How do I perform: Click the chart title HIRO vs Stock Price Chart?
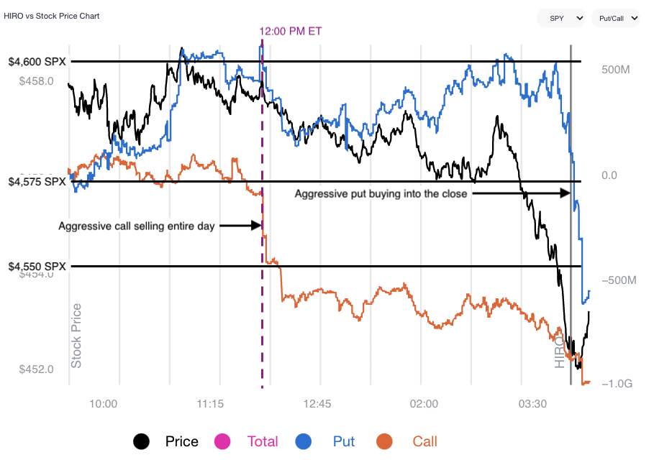point(52,16)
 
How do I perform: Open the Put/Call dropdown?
point(614,18)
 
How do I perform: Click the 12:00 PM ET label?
point(291,31)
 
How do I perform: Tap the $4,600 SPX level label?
point(37,62)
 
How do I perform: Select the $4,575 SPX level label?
point(37,182)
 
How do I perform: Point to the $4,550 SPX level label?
point(37,266)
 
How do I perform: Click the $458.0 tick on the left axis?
point(36,81)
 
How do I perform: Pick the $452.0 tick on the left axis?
point(36,369)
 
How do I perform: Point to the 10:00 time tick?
point(104,404)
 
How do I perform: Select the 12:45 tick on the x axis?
point(317,404)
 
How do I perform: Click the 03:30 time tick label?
point(532,404)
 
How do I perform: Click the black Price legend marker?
point(142,441)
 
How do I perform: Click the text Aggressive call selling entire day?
point(137,226)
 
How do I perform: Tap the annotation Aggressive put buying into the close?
point(381,194)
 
